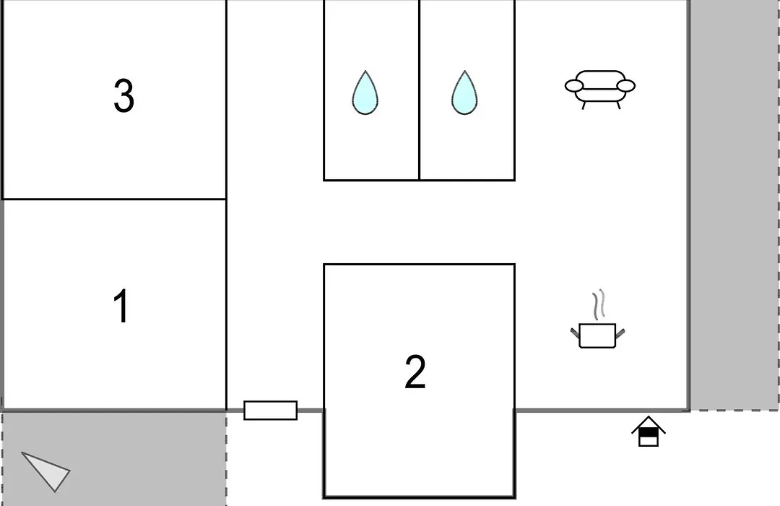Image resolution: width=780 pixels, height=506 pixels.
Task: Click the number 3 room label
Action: point(124,95)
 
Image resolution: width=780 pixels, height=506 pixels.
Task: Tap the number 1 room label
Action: point(121,306)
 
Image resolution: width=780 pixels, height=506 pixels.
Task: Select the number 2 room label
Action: point(415,372)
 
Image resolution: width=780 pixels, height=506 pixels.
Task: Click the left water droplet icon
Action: point(365,93)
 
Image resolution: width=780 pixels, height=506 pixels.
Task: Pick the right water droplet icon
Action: point(464,93)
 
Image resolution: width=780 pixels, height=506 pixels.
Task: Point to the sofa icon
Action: point(600,89)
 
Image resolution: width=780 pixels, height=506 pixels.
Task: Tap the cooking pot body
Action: point(597,335)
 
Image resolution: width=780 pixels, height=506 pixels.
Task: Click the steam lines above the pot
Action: point(599,304)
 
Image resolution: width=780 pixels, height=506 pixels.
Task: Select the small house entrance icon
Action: point(648,432)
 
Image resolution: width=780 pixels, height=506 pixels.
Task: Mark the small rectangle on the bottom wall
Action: point(271,411)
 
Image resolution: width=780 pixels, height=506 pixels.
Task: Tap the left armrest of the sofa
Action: point(574,86)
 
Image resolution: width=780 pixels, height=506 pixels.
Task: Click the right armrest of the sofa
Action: point(625,86)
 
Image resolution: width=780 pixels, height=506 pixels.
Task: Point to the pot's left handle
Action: point(575,333)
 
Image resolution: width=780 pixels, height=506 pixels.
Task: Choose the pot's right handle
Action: point(620,333)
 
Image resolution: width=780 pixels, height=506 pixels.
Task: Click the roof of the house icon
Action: point(648,424)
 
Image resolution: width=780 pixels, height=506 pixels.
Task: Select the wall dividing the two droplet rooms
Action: point(420,90)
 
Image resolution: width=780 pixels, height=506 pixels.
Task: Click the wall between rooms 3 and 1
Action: point(114,200)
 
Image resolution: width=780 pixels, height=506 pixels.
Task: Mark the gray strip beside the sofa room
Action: point(734,205)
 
